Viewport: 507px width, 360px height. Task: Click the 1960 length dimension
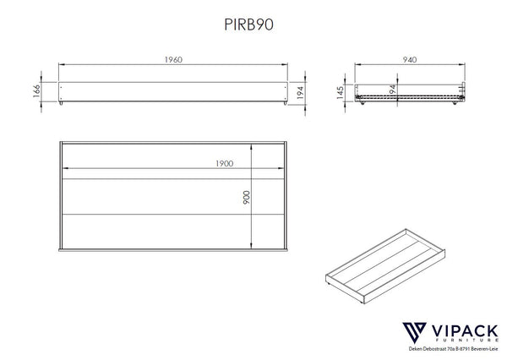click(x=172, y=60)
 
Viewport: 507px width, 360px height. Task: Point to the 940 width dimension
click(x=410, y=60)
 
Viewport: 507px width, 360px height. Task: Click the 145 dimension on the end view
click(x=339, y=91)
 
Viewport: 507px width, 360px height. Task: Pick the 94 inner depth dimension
click(x=392, y=90)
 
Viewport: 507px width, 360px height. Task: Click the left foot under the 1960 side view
click(x=64, y=106)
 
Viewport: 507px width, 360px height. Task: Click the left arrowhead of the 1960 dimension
click(x=60, y=65)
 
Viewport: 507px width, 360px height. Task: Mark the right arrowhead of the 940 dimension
click(x=465, y=65)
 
